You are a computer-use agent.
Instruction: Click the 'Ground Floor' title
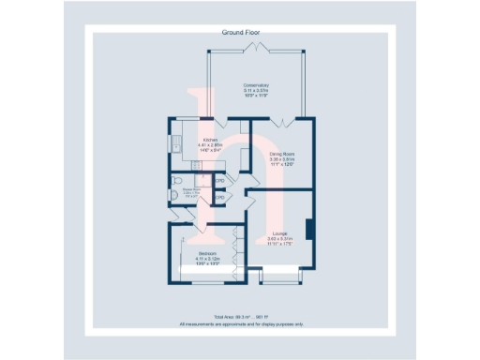coord(240,33)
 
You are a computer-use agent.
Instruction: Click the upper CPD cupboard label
coord(218,181)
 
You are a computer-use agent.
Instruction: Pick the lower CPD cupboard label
coord(218,198)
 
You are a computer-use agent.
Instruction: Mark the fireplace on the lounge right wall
coord(309,229)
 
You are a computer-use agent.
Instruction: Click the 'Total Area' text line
coord(241,318)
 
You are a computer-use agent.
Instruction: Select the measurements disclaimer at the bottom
coord(241,324)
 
